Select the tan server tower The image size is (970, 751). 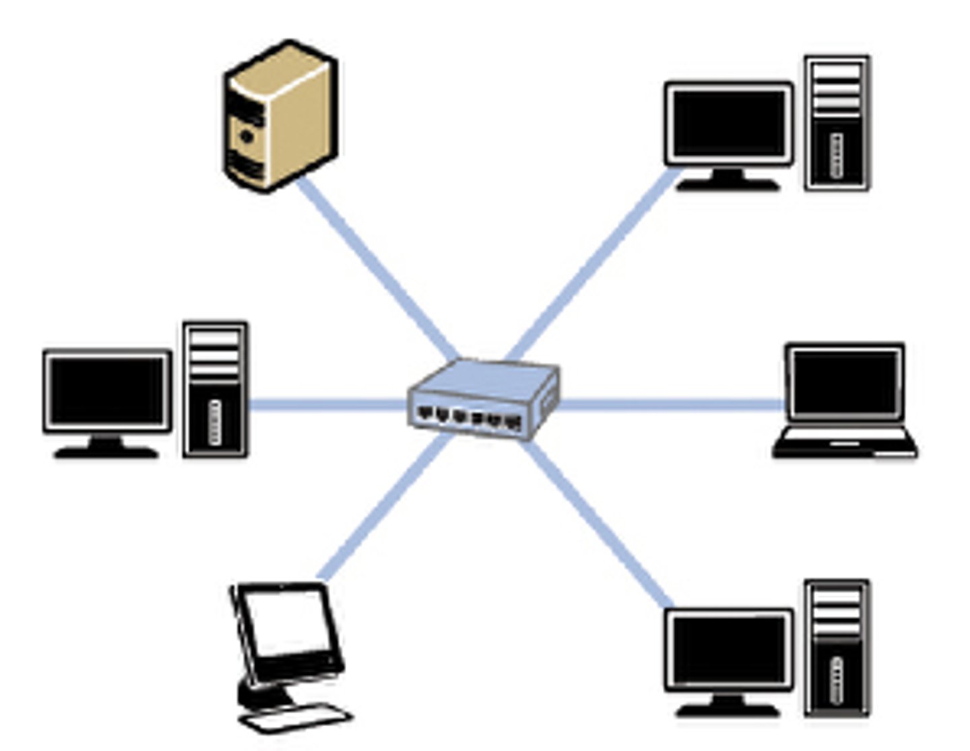280,116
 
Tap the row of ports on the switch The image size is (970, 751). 469,418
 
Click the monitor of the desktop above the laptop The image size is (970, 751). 729,124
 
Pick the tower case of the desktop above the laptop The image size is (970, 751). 837,124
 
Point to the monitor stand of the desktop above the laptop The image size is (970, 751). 727,180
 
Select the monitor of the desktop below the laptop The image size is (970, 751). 729,650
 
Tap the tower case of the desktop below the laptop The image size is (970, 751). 837,647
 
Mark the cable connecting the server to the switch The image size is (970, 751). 377,269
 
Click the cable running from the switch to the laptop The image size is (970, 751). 674,404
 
